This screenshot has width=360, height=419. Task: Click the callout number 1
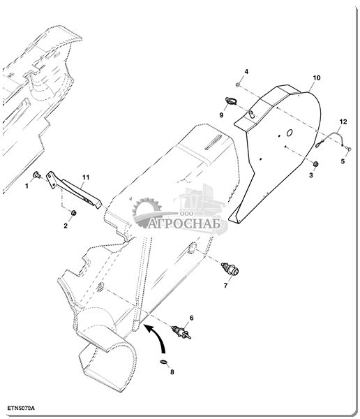27,186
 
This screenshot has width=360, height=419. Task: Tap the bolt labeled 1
36,175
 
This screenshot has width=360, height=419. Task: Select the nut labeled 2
73,213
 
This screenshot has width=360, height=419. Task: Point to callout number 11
86,177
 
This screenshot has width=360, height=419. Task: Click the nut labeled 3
315,164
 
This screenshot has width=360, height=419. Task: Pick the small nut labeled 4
238,84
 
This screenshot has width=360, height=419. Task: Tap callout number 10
317,78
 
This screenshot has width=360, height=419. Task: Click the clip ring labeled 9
231,101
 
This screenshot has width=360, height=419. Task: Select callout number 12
343,122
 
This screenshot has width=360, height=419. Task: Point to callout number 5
343,161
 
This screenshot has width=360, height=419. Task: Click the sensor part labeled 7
230,270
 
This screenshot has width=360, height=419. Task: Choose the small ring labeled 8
164,362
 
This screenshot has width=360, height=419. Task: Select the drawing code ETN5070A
21,409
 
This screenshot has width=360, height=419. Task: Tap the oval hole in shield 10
290,133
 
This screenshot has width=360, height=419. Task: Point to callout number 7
225,286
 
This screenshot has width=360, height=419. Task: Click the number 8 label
172,372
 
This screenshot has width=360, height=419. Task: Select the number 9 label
221,115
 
